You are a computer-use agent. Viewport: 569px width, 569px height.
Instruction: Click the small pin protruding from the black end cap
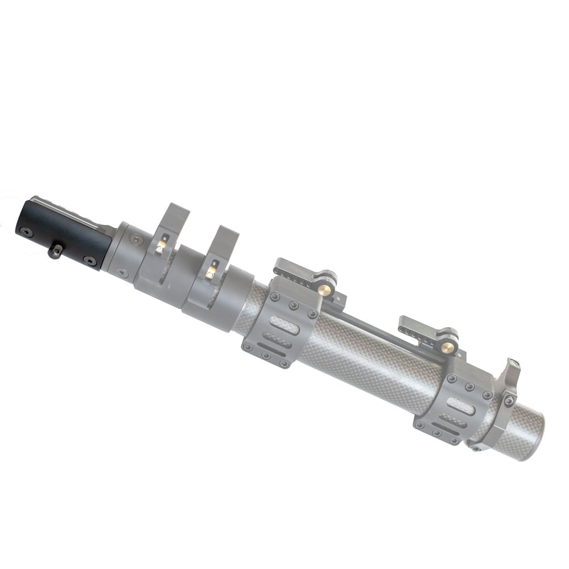[x=55, y=250]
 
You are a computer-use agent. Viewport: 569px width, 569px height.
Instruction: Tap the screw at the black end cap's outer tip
[x=24, y=232]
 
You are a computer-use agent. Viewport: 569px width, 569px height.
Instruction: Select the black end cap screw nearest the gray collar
[x=89, y=261]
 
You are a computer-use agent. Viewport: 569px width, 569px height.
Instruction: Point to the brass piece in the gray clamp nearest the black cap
[x=161, y=245]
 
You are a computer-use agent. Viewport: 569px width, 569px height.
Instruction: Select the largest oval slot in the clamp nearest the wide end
[x=461, y=403]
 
